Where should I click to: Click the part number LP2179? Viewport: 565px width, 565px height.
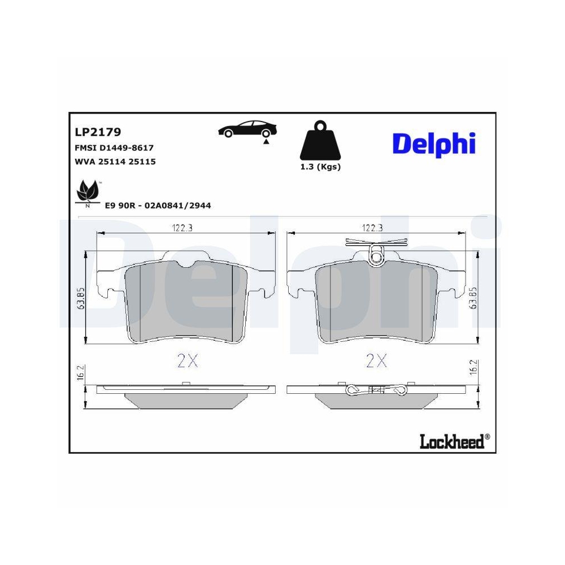(98, 132)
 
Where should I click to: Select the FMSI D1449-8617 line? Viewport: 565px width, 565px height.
(114, 147)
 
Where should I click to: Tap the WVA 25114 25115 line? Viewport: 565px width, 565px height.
(115, 162)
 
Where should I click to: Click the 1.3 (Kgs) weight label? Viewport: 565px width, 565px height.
(320, 167)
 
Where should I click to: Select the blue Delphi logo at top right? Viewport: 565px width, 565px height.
(434, 144)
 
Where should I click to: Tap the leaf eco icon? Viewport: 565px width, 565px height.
(87, 193)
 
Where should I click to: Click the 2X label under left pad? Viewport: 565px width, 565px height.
(188, 361)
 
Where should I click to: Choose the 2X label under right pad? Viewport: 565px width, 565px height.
(376, 361)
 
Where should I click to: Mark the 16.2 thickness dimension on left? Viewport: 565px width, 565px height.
(81, 373)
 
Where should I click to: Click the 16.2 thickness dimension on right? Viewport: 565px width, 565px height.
(474, 369)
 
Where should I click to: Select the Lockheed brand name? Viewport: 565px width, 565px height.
(451, 441)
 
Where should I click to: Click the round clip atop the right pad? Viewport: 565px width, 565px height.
(376, 256)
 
